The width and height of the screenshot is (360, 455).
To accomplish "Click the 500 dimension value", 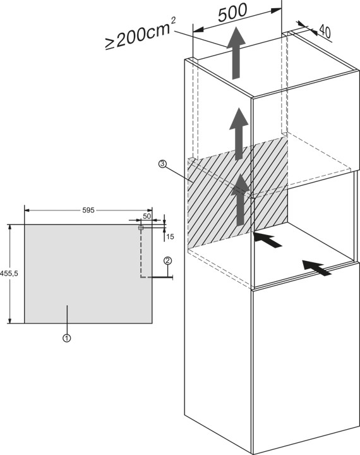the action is click(x=232, y=13).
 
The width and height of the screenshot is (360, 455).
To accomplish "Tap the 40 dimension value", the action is click(x=325, y=32).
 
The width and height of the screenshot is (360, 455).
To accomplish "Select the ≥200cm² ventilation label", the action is click(x=140, y=34).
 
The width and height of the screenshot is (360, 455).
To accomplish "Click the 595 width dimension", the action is click(x=88, y=210).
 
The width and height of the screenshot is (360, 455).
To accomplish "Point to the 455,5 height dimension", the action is click(x=9, y=274).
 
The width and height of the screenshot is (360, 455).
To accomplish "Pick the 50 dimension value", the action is click(x=147, y=216).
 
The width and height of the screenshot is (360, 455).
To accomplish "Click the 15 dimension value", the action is click(x=171, y=237).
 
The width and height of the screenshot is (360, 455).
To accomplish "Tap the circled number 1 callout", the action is click(x=67, y=338).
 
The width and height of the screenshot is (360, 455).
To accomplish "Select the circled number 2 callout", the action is click(x=167, y=260).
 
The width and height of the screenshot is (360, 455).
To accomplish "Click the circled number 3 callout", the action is click(x=162, y=164).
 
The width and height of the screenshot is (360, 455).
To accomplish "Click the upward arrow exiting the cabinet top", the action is click(x=236, y=53).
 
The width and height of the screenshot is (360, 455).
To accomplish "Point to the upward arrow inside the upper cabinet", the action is click(x=239, y=134).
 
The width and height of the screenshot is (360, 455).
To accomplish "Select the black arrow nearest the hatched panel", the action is click(x=267, y=240).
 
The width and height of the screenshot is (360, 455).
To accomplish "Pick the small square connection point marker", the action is click(x=141, y=228).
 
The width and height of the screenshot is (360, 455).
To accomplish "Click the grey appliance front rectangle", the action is click(x=88, y=274).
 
